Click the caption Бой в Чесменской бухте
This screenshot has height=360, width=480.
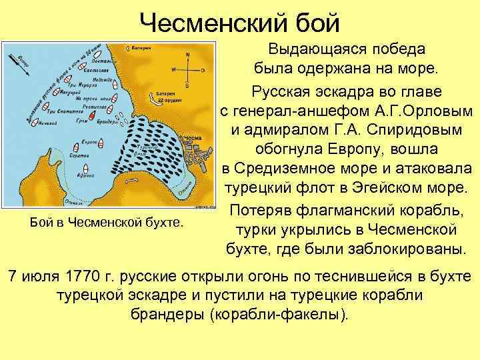pyautogui.click(x=107, y=220)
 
